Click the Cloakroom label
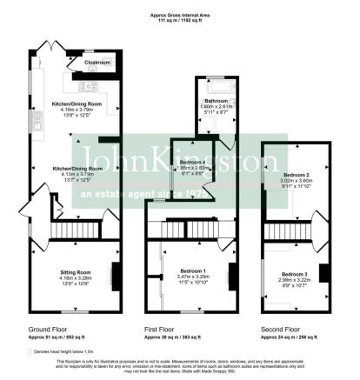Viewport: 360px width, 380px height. (97, 63)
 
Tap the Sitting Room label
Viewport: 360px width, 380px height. (76, 272)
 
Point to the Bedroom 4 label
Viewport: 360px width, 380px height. (193, 163)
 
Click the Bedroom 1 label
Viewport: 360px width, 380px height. (194, 270)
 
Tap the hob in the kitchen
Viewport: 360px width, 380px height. (88, 85)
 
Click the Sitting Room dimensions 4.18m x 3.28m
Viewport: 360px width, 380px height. (76, 279)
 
